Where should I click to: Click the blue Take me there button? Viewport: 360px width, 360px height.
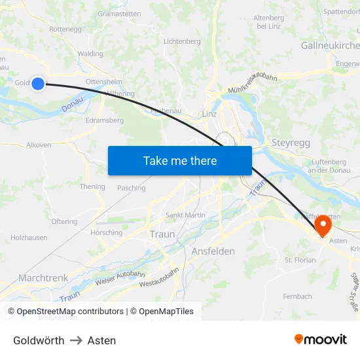(180, 160)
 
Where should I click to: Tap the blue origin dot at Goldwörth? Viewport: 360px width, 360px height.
(38, 83)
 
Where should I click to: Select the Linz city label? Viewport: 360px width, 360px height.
(209, 114)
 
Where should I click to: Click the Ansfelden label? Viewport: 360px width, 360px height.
(213, 251)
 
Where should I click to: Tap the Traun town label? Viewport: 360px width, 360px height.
(162, 234)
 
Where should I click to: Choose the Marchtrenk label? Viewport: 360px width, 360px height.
(43, 278)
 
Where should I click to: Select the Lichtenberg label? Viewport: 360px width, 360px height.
(182, 41)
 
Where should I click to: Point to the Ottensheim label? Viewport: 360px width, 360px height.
(103, 82)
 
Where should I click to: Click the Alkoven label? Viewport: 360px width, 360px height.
(39, 145)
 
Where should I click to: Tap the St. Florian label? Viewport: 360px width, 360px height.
(300, 260)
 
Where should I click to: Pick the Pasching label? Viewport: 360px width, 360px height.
(132, 188)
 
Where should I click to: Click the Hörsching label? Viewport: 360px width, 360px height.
(107, 232)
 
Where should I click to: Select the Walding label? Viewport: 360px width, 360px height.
(90, 54)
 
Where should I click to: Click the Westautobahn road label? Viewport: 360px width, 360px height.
(159, 278)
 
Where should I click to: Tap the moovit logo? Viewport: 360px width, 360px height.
(321, 340)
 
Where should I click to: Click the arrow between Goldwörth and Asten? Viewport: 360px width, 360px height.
(76, 340)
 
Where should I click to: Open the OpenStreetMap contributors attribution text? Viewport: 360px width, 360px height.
(66, 312)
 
